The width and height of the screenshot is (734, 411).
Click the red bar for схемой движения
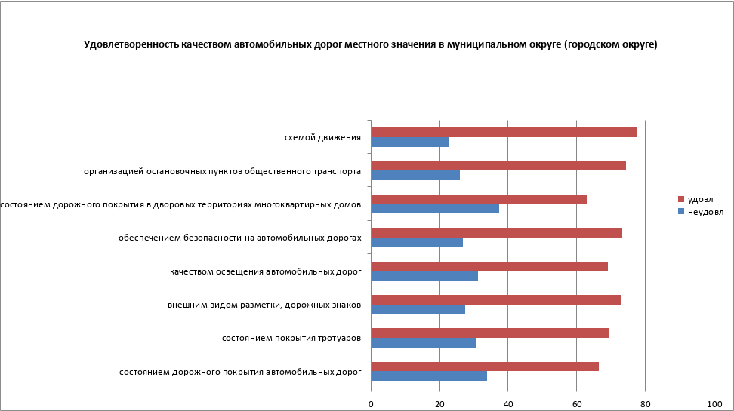click(504, 133)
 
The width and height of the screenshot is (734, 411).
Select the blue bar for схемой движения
click(410, 142)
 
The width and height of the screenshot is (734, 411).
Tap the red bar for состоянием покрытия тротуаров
click(490, 333)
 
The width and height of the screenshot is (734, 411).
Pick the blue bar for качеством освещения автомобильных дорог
click(424, 275)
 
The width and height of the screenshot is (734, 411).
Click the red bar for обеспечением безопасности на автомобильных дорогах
click(497, 232)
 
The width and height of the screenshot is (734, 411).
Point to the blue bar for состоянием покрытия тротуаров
click(424, 342)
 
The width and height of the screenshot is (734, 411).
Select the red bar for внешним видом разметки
click(496, 299)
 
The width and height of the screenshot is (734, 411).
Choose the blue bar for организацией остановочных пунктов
click(415, 175)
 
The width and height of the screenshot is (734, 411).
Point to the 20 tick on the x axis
click(439, 404)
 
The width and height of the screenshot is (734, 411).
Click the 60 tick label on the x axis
click(577, 404)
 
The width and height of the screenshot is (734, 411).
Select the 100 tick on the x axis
click(714, 404)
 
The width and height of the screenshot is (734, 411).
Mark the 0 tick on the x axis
click(371, 404)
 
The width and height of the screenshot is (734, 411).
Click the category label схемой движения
click(322, 137)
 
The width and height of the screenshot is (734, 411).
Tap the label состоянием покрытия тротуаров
click(291, 338)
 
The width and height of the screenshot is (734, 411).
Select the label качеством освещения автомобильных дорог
click(265, 271)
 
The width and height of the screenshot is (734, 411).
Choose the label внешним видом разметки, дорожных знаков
click(264, 305)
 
